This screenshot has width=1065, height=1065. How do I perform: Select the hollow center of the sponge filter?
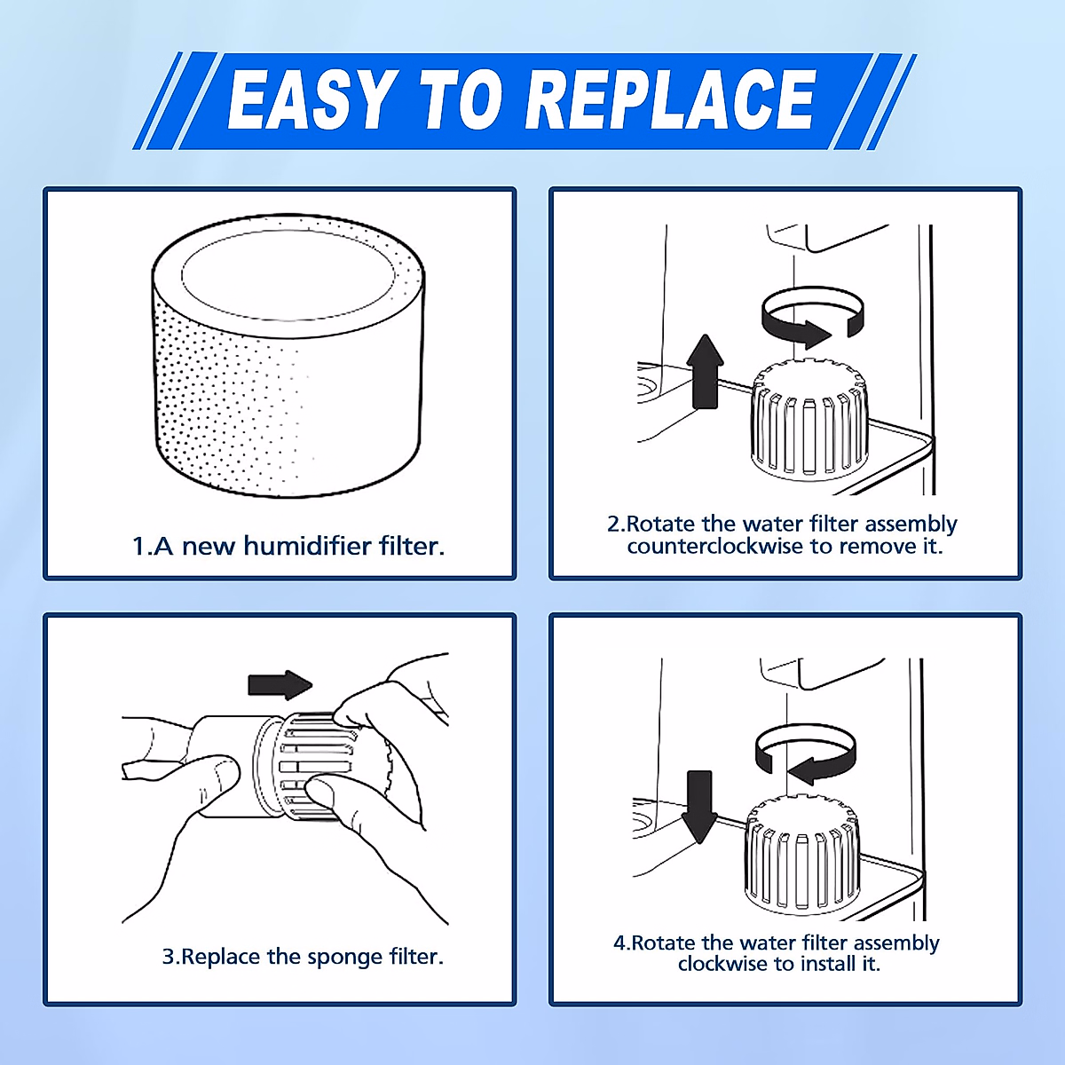[288, 270]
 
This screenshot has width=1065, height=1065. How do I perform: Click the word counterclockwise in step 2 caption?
[714, 547]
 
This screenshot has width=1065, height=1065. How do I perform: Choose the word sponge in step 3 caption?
[345, 958]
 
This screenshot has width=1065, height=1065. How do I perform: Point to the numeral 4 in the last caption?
[619, 943]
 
